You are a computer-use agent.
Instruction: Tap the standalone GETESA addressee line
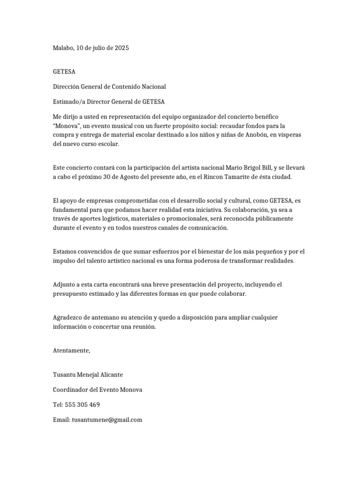point(64,72)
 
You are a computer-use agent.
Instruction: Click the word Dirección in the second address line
point(67,87)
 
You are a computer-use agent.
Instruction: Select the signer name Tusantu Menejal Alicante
point(89,375)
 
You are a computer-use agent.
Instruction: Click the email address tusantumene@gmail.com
point(106,420)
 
